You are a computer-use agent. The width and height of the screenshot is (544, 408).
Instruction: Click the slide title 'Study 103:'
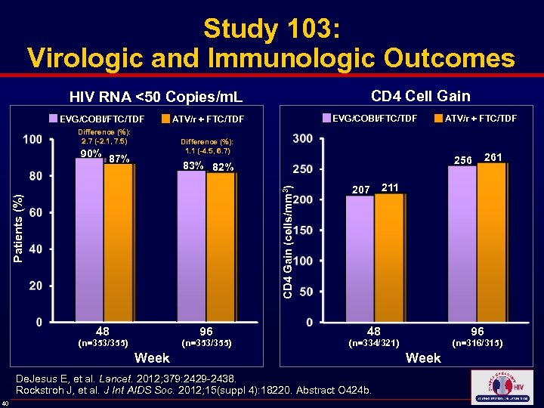(271, 29)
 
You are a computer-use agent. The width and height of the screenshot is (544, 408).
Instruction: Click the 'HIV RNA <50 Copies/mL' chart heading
(156, 97)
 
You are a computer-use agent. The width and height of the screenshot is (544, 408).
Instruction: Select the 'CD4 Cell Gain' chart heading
(420, 95)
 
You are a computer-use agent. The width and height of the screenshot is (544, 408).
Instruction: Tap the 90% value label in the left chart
(91, 154)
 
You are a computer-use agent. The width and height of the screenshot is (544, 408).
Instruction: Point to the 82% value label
(223, 167)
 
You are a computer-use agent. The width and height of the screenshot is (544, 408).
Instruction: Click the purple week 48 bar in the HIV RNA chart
(89, 240)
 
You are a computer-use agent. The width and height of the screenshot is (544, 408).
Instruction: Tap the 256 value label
(462, 159)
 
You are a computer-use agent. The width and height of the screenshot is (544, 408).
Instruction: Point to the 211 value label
(391, 187)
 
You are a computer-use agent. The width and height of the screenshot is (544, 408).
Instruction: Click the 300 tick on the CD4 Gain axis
(302, 138)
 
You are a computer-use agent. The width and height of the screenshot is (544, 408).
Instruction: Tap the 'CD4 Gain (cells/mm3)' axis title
(288, 232)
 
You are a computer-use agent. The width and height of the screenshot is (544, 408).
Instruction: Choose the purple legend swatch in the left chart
(54, 119)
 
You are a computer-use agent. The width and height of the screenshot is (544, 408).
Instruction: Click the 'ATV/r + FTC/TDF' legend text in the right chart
(481, 118)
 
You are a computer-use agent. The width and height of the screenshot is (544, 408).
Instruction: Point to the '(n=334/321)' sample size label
(373, 344)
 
